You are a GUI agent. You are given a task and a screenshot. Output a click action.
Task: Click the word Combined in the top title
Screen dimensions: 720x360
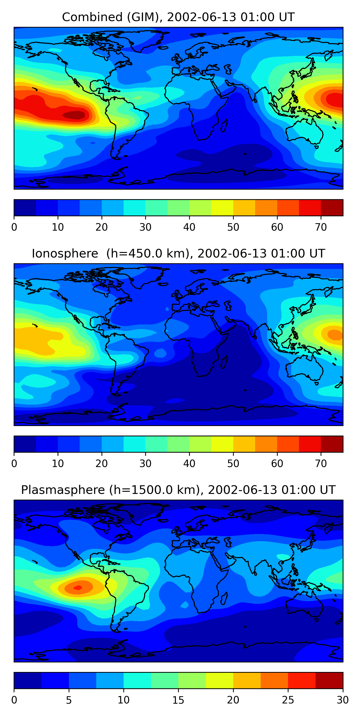pos(92,17)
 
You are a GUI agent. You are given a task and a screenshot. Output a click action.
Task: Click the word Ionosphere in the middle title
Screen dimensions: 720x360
pos(65,253)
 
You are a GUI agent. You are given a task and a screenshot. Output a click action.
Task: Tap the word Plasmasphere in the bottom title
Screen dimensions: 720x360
pos(63,490)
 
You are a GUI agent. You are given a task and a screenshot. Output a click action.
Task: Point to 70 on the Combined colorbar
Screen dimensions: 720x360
pos(321,227)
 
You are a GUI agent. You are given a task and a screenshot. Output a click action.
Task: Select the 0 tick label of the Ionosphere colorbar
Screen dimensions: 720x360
pos(14,464)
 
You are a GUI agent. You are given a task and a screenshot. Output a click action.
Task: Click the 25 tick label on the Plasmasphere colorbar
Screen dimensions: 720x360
pos(288,700)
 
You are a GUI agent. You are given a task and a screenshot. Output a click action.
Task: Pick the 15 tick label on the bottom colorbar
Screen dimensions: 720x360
pos(178,700)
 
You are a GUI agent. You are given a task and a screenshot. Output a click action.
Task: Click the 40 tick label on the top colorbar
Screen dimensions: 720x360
pos(189,227)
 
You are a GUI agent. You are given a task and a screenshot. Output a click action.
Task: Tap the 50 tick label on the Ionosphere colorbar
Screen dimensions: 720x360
pos(233,464)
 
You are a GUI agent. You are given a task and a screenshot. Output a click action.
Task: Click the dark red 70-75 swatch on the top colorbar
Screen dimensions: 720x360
pos(332,208)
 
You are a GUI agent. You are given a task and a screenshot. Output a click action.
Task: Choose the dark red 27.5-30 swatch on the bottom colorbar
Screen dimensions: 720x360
pos(329,681)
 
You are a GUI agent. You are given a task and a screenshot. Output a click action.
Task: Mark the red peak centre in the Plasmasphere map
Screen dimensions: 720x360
pos(78,588)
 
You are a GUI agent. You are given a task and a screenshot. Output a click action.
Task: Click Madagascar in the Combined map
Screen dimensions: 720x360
pos(224,126)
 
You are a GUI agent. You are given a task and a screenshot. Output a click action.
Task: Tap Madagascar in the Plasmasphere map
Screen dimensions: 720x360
pos(224,599)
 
